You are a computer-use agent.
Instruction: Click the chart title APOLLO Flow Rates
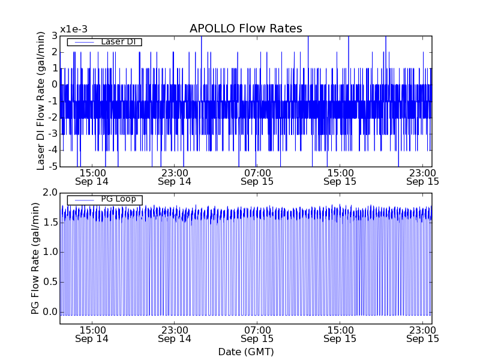pyautogui.click(x=245, y=29)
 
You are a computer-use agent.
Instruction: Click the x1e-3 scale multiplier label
pyautogui.click(x=73, y=29)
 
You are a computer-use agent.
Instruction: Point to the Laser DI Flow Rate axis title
pyautogui.click(x=41, y=101)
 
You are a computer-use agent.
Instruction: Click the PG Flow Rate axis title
pyautogui.click(x=35, y=258)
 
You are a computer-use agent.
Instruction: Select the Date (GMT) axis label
pyautogui.click(x=245, y=352)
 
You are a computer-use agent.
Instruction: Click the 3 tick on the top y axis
pyautogui.click(x=53, y=35)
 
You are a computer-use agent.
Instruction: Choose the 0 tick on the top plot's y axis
pyautogui.click(x=53, y=85)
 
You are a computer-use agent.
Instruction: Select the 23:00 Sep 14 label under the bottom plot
pyautogui.click(x=175, y=334)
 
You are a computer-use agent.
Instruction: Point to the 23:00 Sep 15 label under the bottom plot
pyautogui.click(x=422, y=334)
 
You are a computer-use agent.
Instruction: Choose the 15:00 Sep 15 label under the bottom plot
pyautogui.click(x=340, y=334)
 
